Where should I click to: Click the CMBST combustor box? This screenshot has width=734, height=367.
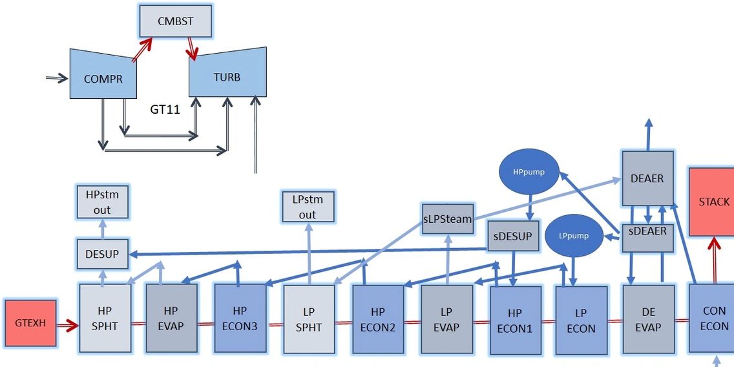pos(176,21)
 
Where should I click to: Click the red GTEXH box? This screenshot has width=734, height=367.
pos(30,322)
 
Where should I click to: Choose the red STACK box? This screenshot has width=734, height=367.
pos(713,202)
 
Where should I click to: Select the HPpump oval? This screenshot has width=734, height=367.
pos(529,173)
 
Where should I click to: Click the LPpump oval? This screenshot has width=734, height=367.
pos(573,235)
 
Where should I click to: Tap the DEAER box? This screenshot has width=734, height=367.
pos(647,178)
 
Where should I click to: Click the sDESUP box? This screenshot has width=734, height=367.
pos(512,236)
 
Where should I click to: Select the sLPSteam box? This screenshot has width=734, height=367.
pos(447,219)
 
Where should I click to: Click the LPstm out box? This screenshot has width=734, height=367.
pos(308,207)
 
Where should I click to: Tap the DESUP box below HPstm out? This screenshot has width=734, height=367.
pos(102,254)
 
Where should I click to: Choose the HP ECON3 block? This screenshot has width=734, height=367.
pos(240,319)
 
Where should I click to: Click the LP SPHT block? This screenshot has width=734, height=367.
pos(309,319)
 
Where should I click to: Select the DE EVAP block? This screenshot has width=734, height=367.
pos(647,319)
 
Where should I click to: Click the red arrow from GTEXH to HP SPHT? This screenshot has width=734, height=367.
pos(67,324)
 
